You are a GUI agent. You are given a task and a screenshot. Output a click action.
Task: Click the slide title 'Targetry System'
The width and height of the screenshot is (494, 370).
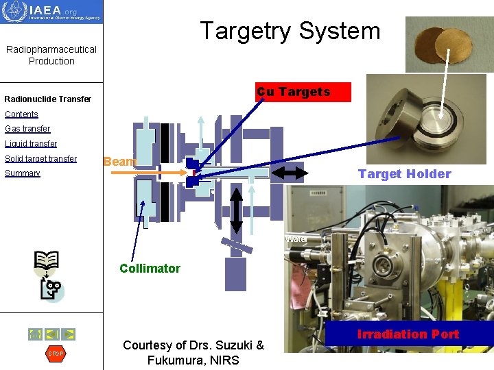[290, 31]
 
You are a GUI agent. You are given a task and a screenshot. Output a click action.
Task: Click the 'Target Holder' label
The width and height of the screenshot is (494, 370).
[404, 174]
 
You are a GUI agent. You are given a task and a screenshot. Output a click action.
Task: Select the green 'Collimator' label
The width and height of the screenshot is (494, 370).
[150, 269]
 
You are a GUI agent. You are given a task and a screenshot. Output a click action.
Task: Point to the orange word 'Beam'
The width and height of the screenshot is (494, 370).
[119, 162]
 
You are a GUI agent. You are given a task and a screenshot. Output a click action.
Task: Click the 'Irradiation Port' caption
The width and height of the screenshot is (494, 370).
[408, 334]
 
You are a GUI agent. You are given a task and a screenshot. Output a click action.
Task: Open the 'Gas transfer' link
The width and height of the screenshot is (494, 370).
[27, 129]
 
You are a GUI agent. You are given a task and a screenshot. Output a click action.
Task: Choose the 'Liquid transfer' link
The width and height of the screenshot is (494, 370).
[31, 144]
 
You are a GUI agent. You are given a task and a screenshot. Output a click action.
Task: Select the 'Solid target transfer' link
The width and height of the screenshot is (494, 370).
[40, 159]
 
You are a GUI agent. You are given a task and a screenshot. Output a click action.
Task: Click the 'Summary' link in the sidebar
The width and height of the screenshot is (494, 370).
[23, 173]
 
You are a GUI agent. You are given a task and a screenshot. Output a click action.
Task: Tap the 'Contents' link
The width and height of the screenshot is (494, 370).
[21, 114]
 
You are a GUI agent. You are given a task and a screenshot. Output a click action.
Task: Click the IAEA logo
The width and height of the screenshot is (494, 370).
[51, 12]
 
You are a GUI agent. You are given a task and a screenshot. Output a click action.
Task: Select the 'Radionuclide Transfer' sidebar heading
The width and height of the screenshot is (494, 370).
[47, 99]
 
